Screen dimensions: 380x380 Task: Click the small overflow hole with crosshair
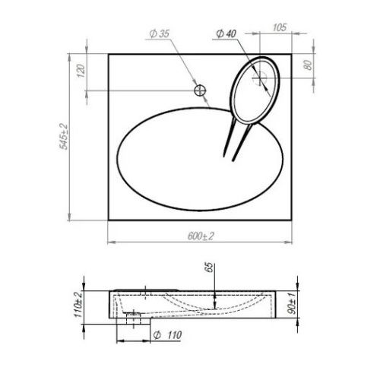tap(201, 90)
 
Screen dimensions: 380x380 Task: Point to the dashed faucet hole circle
tap(259, 76)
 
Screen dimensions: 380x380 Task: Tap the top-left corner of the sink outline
tap(109, 53)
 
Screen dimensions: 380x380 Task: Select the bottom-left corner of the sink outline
tap(109, 221)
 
